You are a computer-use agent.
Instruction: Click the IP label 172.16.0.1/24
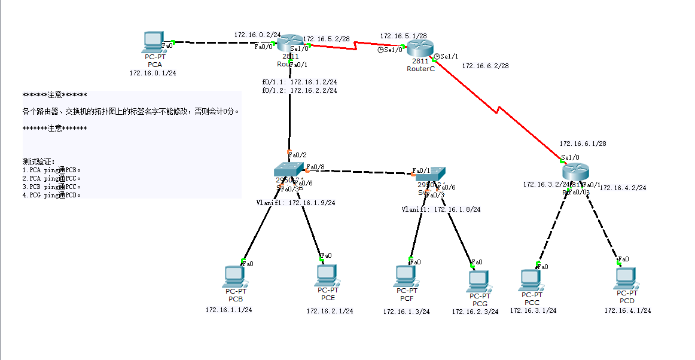(153, 73)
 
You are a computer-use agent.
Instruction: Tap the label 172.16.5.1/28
(403, 36)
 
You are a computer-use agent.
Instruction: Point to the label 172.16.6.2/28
(485, 66)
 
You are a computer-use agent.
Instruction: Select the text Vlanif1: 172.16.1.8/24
(441, 209)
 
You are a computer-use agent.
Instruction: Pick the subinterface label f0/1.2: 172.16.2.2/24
(299, 90)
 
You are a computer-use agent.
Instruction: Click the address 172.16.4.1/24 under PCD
(627, 310)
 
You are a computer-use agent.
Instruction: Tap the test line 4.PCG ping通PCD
(51, 194)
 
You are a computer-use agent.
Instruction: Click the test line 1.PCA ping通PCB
(51, 169)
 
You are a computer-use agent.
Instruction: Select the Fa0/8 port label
(316, 167)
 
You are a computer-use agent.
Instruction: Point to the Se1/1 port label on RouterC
(449, 56)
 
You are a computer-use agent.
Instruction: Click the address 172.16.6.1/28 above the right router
(583, 144)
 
